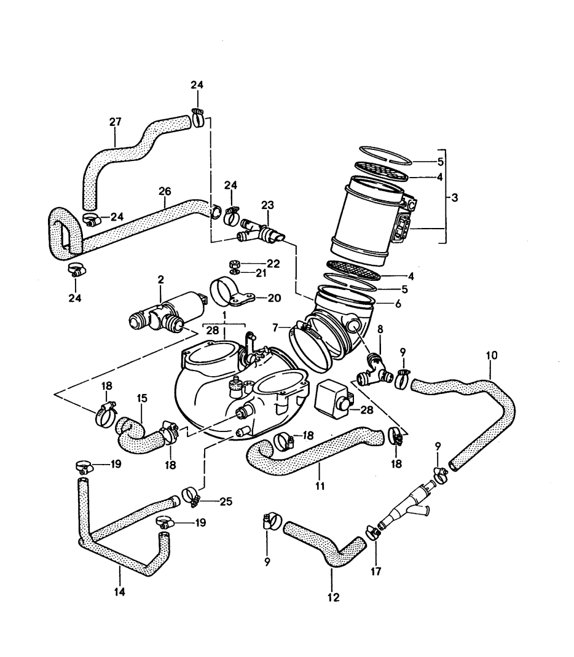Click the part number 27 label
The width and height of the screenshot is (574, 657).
[x=116, y=123]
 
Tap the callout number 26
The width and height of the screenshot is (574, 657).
[x=164, y=192]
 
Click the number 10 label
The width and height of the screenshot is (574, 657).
[x=491, y=355]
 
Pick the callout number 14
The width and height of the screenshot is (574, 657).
[x=119, y=592]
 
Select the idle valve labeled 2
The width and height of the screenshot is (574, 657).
[x=166, y=311]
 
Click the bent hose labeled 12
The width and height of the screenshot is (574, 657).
[x=326, y=547]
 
